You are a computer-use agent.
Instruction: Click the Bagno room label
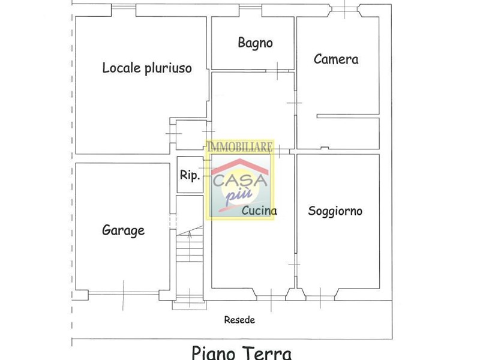coord(255,43)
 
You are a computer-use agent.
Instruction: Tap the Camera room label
coord(336,59)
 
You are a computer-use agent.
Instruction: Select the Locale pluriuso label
coord(147,68)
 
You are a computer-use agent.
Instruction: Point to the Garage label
coord(123,230)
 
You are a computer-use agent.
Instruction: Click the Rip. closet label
coord(190,175)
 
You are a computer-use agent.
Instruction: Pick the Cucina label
coord(259,211)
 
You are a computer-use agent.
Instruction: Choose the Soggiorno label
coord(335,211)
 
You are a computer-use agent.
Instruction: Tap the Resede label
coord(239,320)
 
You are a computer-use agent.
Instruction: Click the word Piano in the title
coord(213,353)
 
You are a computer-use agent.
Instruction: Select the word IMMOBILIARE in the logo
coord(239,147)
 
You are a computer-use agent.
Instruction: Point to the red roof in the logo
coord(240,166)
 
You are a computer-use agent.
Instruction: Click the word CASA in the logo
coord(240,181)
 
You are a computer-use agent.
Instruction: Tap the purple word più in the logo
coord(239,196)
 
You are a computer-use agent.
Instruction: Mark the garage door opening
coord(124,294)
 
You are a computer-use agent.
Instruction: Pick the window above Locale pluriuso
coord(124,10)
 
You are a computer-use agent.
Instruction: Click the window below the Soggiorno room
coord(320,297)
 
